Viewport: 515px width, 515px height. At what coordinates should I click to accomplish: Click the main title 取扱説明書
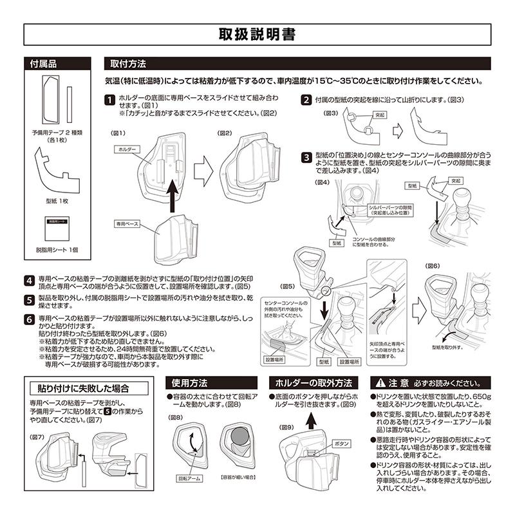257,35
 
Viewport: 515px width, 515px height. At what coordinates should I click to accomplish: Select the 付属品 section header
44,64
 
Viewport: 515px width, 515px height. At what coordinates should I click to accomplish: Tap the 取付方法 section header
128,64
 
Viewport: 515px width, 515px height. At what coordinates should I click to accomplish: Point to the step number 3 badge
306,157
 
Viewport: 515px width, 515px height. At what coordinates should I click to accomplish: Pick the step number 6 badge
30,319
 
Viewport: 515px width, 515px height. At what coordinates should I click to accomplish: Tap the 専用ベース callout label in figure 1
127,224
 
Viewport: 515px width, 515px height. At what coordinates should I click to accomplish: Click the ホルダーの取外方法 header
313,381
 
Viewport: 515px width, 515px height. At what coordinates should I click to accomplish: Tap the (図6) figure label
433,265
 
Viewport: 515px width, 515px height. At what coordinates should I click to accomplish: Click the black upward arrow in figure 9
311,420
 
